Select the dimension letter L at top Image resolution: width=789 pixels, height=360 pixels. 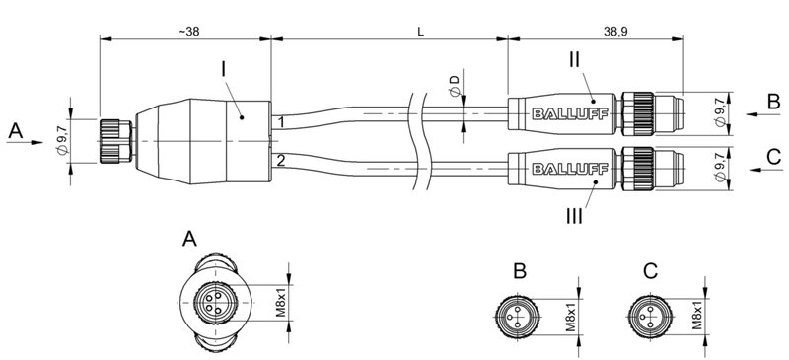420,31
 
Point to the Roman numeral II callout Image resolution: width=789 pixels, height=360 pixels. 576,59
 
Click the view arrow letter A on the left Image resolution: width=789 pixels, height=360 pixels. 14,130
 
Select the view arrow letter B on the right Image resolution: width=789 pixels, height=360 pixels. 773,100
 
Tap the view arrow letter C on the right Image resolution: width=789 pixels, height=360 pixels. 773,155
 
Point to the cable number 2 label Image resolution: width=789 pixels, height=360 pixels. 281,159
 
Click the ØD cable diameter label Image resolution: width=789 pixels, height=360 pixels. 454,85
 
